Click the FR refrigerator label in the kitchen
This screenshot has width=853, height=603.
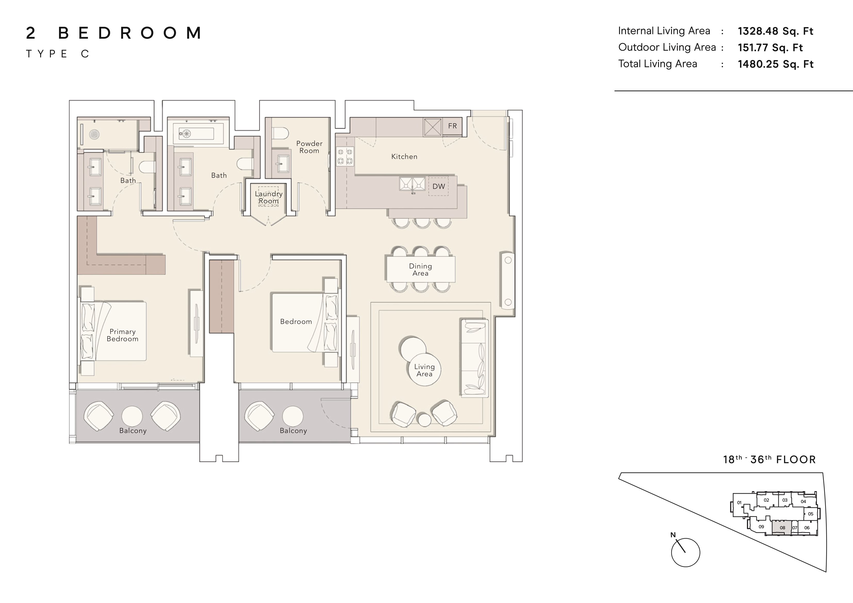(x=452, y=126)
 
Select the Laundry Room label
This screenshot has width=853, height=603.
(x=269, y=197)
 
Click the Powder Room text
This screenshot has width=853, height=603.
(x=309, y=147)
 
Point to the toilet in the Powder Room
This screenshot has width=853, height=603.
(x=281, y=133)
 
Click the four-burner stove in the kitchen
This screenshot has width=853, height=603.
(x=345, y=156)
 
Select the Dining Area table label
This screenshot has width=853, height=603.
(x=420, y=270)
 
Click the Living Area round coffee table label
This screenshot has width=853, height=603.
(x=424, y=370)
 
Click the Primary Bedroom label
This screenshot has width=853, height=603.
(x=122, y=335)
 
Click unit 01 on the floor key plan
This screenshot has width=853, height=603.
(x=739, y=503)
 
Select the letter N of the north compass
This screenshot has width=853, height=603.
(x=673, y=535)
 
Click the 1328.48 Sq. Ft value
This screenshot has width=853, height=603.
(x=775, y=31)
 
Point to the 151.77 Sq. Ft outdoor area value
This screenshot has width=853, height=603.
(x=770, y=47)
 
